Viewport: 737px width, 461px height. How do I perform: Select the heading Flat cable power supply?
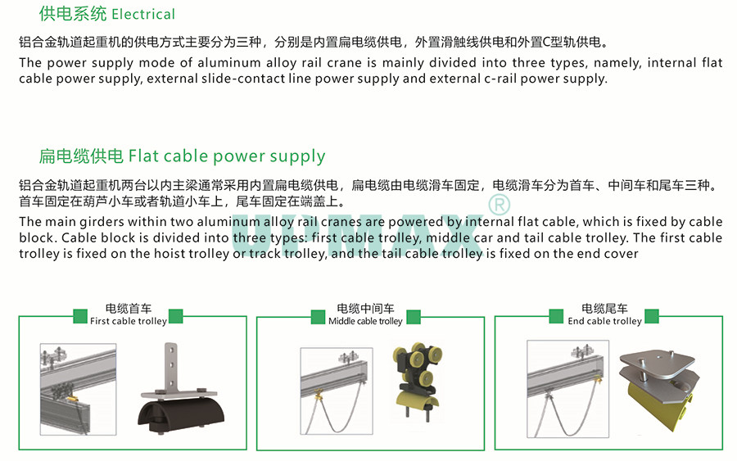click(x=227, y=156)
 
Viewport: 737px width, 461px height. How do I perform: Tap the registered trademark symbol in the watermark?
click(x=499, y=203)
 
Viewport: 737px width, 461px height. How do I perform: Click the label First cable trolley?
click(x=128, y=321)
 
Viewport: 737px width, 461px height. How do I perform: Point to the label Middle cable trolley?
click(x=365, y=321)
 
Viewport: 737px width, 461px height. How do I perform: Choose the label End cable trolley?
click(x=604, y=321)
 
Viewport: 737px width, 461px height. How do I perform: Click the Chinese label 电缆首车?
click(x=128, y=309)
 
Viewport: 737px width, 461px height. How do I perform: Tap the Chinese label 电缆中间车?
click(x=365, y=309)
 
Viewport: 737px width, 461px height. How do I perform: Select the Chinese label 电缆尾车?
click(x=604, y=309)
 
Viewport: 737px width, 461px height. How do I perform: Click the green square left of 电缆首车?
click(x=80, y=315)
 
